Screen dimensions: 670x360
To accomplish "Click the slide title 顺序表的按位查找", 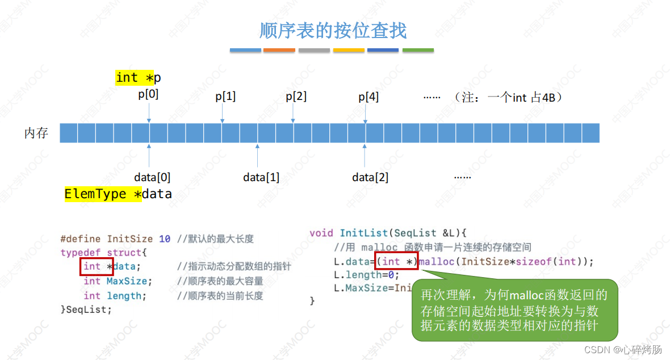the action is pos(333,30).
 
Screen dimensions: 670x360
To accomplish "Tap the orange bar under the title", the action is pos(279,51).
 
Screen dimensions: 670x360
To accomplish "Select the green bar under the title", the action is pos(418,51).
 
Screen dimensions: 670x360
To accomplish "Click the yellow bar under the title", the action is pos(349,51).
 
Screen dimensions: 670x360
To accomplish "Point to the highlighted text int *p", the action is pos(138,78).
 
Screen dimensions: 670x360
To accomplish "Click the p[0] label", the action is pos(148,94).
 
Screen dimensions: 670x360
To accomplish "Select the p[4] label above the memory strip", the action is pos(368,97).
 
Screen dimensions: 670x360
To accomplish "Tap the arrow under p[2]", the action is pos(293,113).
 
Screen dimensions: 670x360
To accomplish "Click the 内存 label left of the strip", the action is pos(36,133).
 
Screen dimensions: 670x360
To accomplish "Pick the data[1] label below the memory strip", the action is pos(261,177).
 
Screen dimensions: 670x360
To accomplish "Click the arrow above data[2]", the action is pos(365,155).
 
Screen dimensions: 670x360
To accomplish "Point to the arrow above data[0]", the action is pos(149,155).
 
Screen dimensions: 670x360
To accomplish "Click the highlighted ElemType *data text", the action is pos(118,194).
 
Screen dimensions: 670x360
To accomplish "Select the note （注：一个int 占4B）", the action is pos(508,97).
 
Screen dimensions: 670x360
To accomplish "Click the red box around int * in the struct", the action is pos(97,266).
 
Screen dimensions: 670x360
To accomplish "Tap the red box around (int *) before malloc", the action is pos(396,261).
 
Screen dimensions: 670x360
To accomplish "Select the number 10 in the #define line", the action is pos(165,239).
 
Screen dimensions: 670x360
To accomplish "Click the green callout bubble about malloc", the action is pos(514,310).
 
